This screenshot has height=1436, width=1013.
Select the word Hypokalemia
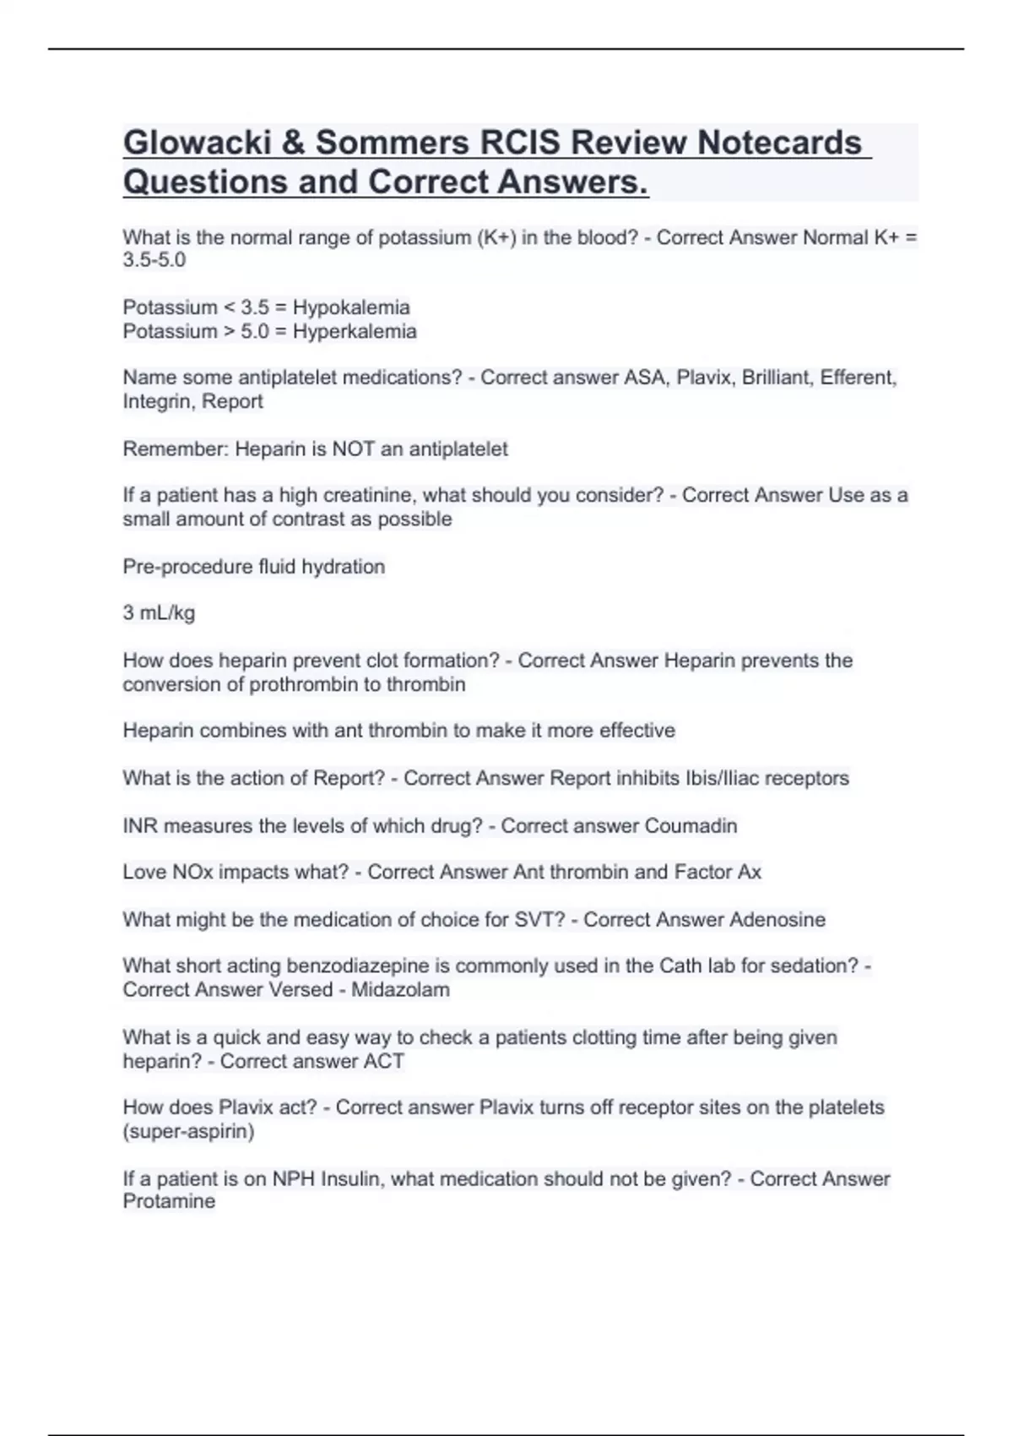351,307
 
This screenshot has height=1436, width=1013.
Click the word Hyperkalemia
355,331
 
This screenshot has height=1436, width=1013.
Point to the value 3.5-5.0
154,260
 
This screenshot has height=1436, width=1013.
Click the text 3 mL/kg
159,612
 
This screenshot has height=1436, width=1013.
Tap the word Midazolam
400,989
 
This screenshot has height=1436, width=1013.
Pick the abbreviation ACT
384,1061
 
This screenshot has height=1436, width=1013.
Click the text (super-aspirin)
188,1131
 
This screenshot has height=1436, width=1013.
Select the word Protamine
169,1201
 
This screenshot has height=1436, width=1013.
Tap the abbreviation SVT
539,919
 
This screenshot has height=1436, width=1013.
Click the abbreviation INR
140,825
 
